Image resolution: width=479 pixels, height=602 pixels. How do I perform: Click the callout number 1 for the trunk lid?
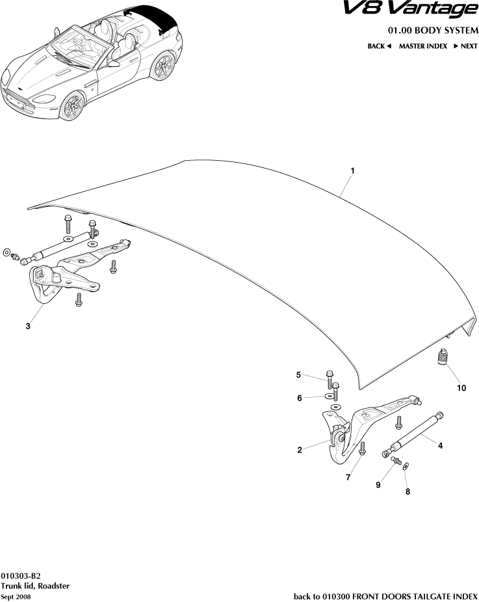coord(352,171)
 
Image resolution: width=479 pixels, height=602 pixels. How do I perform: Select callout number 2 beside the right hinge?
coord(300,450)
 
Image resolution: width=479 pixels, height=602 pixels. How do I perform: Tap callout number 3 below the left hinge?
coord(28,327)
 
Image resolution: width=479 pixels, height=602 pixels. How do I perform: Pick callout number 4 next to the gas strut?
coord(440,446)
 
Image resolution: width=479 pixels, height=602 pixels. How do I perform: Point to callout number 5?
coord(299,375)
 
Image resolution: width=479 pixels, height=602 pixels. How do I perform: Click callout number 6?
coord(299,398)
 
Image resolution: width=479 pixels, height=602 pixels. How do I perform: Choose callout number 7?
coord(348,478)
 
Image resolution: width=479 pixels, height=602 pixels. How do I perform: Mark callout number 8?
coord(408,492)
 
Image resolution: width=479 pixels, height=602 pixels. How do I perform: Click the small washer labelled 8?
coord(406,467)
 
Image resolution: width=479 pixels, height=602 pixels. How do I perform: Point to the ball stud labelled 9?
coord(395,461)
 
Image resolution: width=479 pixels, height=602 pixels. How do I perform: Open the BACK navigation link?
coord(379,46)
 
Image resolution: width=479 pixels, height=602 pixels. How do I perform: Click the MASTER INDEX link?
coord(422,46)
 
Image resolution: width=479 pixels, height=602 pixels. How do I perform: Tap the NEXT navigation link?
coord(465,46)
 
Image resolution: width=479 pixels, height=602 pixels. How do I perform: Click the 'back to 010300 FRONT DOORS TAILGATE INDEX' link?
coord(385,595)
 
